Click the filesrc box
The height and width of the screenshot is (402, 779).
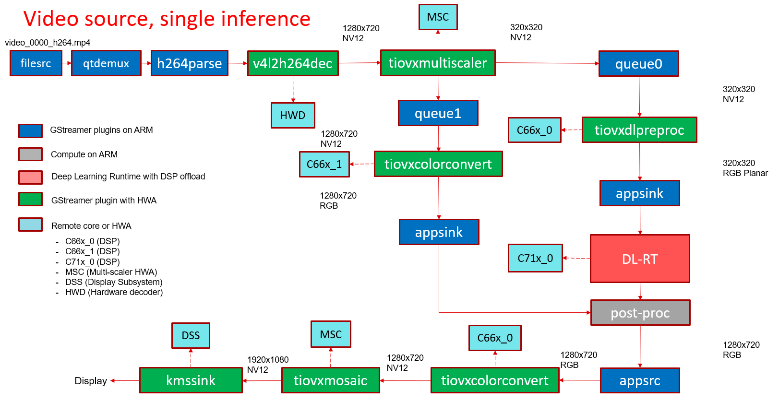tap(36, 63)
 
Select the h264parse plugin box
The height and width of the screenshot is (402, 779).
tap(189, 63)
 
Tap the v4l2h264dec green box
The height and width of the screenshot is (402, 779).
tap(293, 63)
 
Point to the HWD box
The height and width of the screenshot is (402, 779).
tap(293, 115)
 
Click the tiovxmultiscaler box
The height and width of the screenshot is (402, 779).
tap(438, 63)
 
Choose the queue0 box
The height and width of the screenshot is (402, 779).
tap(639, 64)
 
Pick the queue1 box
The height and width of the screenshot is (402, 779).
tap(438, 113)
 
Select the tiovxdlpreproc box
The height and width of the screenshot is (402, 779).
tap(639, 130)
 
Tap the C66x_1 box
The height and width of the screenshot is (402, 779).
tap(324, 164)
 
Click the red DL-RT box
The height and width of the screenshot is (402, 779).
tap(640, 259)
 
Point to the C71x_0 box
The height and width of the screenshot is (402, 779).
tap(535, 258)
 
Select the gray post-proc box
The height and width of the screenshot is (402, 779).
tap(640, 313)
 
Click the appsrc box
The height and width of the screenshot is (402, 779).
tap(640, 380)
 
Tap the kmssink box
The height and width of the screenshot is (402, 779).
tap(191, 380)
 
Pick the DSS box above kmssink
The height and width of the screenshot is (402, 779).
tap(191, 335)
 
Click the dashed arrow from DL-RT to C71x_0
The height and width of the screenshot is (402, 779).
tap(576, 258)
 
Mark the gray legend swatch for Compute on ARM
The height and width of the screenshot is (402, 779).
tap(30, 154)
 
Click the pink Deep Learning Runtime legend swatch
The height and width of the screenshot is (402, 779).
tap(30, 177)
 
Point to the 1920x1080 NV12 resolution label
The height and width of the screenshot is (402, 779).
tap(268, 365)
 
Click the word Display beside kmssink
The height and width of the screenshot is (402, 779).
tap(91, 381)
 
